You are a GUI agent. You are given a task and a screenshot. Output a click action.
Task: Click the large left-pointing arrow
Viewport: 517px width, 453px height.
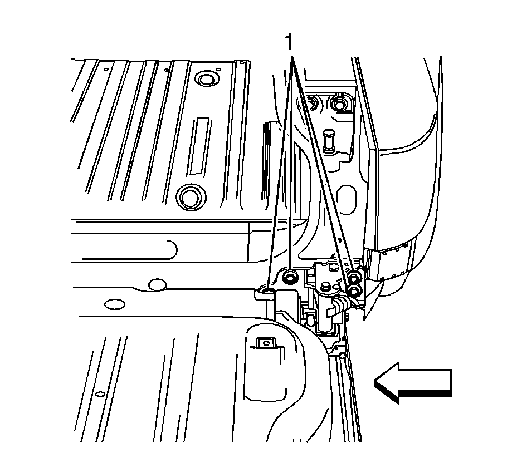413,382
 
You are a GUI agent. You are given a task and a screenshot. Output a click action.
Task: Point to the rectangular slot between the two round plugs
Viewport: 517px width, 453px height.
198,146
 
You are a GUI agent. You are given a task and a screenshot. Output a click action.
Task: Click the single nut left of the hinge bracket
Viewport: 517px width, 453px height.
290,277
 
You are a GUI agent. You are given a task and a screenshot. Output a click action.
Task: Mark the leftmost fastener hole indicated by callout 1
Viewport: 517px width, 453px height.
268,289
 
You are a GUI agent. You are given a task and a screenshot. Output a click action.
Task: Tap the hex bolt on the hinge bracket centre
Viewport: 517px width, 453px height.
325,287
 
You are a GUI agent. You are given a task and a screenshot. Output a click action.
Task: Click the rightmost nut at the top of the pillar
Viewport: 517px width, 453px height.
339,103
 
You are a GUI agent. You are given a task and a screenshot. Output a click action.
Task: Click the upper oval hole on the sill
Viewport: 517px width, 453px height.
158,285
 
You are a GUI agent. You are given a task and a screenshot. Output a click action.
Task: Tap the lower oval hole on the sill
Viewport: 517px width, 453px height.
115,304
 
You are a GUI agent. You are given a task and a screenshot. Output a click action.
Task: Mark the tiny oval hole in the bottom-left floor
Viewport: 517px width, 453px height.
100,394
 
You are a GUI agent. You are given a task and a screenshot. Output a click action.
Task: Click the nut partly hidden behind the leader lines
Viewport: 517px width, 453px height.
313,102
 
